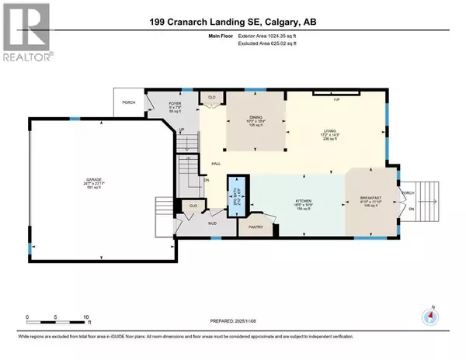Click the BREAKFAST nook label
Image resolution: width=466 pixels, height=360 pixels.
[x=372, y=199]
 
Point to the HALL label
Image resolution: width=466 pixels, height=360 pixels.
[x=215, y=164]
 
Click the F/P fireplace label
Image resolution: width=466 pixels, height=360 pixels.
[x=336, y=99]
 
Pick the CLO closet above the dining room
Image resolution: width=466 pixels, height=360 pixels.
[x=210, y=98]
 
